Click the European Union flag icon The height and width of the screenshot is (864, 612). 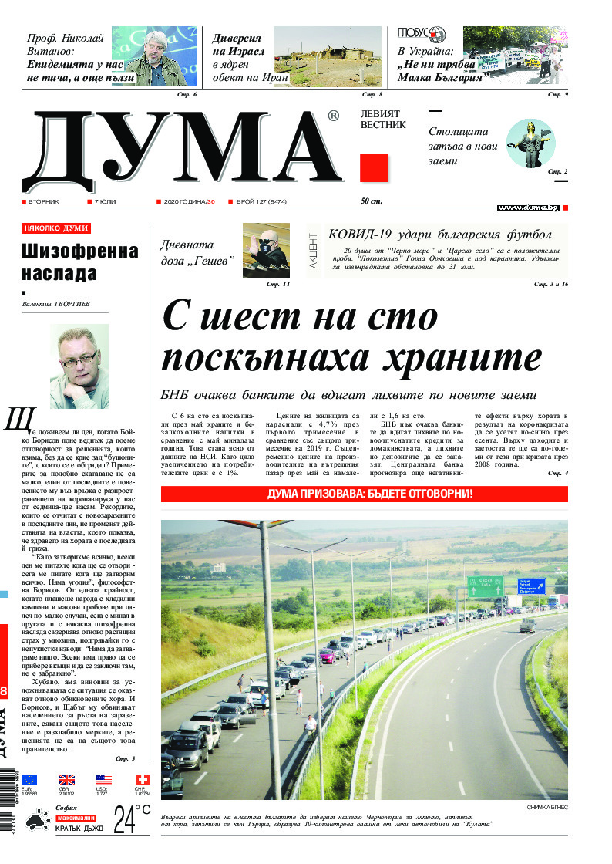pos(29,780)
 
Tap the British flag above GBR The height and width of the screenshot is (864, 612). pos(67,780)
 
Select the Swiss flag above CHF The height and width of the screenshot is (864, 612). pos(142,780)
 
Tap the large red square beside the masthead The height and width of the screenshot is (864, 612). pos(374,168)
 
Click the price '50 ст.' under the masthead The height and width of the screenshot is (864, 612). pos(372,201)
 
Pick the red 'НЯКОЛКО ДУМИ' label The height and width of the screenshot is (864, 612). pos(56,228)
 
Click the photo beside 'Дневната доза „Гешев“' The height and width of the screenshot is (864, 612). pos(266,250)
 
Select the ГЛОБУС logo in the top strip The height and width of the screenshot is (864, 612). pos(422,33)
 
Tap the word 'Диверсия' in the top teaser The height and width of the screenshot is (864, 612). pos(237,38)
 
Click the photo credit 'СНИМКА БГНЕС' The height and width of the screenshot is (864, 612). pos(546,807)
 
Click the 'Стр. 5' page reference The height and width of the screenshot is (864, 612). pos(125,759)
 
